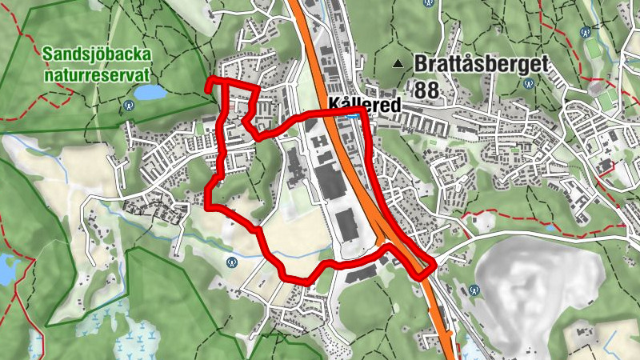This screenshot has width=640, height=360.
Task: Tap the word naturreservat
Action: click(x=98, y=74)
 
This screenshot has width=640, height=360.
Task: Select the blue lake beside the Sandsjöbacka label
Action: click(x=150, y=93)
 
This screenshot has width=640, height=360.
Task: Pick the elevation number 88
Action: click(x=427, y=90)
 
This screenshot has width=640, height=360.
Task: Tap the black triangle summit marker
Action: click(x=397, y=62)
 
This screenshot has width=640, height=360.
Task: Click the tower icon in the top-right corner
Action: click(x=586, y=32)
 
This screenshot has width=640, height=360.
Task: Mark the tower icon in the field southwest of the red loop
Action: click(x=232, y=260)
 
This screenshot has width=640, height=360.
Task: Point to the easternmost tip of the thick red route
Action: click(x=435, y=264)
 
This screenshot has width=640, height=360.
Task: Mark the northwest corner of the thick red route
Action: click(x=209, y=81)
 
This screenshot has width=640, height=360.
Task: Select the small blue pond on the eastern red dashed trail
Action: click(x=550, y=227)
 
